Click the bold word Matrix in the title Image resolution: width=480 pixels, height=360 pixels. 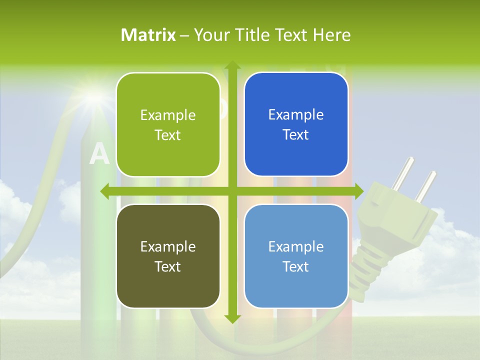148,35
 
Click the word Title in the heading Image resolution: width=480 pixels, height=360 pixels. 253,35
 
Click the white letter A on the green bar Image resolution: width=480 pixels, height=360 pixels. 99,154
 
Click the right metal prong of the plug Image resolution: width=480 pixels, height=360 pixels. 426,185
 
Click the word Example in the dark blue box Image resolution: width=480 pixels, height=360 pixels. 296,115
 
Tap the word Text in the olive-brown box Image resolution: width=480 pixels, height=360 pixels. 168,266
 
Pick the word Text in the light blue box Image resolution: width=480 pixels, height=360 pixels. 296,266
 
